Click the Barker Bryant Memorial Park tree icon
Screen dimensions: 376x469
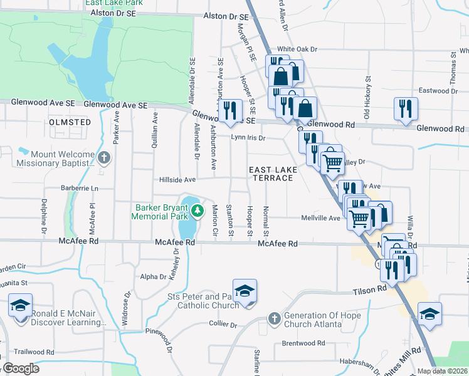click(198, 211)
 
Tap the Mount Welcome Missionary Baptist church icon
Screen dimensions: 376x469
click(104, 157)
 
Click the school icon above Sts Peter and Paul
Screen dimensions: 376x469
click(245, 291)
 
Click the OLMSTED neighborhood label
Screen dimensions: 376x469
click(70, 122)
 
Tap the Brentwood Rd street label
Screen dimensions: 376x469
click(303, 343)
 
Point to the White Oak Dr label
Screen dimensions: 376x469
click(298, 49)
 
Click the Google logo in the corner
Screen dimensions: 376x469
click(20, 368)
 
